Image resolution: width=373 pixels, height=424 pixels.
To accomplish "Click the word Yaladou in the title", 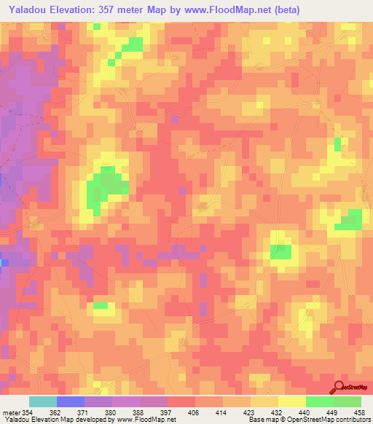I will [x=28, y=10].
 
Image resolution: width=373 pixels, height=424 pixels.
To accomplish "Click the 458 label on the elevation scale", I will [x=358, y=413].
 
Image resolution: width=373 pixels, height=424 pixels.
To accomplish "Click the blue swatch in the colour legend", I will [x=70, y=401].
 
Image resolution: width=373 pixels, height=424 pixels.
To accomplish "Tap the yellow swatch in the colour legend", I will [x=291, y=401].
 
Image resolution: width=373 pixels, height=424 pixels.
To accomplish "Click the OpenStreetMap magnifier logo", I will [x=341, y=388].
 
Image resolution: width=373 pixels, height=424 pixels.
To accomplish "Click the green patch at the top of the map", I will [x=132, y=45].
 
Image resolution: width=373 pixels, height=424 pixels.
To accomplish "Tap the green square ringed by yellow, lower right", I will [x=280, y=251].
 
